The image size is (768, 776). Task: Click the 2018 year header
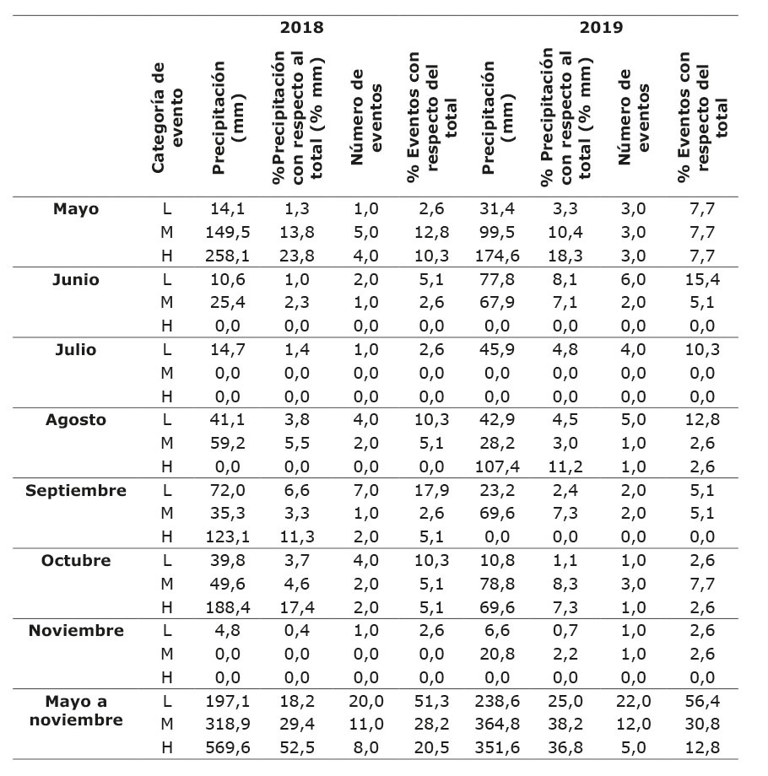[x=301, y=27]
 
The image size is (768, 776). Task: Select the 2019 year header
[x=601, y=27]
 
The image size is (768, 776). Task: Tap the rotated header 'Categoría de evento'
[x=167, y=118]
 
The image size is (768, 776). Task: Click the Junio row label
[x=76, y=280]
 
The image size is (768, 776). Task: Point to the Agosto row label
[x=76, y=420]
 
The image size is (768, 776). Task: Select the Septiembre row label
[x=76, y=490]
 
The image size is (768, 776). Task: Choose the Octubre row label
[x=76, y=561]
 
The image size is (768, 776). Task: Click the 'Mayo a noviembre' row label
[x=76, y=710]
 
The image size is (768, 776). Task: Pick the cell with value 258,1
[x=228, y=256]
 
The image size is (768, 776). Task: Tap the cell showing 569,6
[x=228, y=747]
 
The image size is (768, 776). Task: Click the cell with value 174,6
[x=497, y=256]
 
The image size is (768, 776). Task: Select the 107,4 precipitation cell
[x=497, y=466]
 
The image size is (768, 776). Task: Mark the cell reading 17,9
[x=431, y=490]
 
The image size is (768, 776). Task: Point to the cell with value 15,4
[x=702, y=280]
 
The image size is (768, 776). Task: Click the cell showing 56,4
[x=702, y=701]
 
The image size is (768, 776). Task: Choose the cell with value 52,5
[x=297, y=747]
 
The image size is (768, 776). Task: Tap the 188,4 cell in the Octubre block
[x=228, y=607]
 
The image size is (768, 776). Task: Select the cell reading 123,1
[x=228, y=537]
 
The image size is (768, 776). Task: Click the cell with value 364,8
[x=497, y=724]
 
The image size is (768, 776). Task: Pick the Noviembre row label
[x=76, y=631]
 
